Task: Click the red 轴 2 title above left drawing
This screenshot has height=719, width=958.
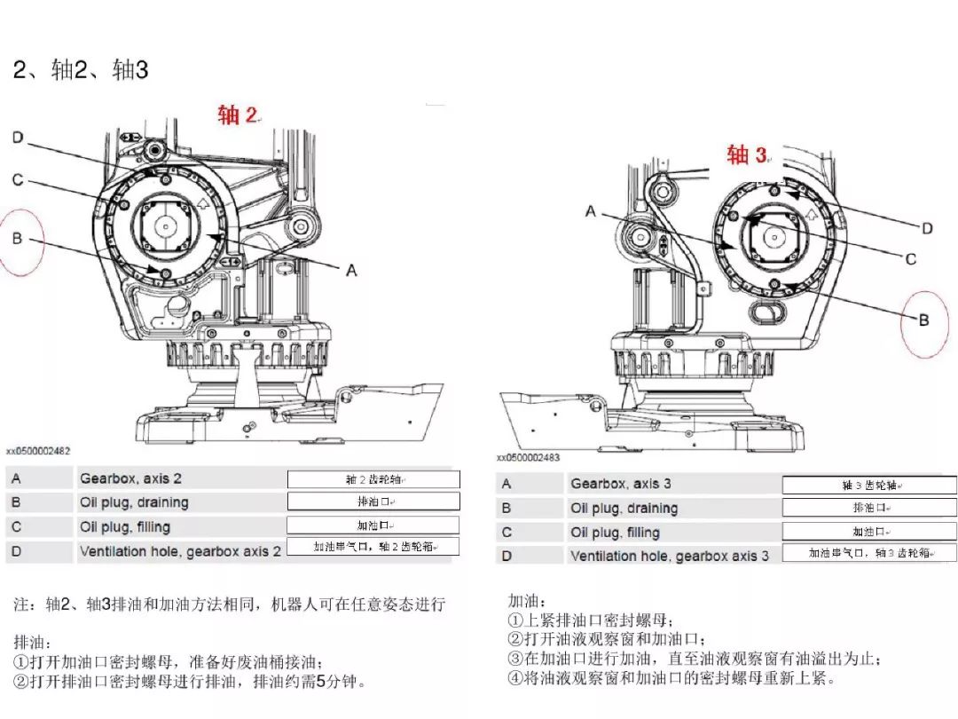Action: pos(238,115)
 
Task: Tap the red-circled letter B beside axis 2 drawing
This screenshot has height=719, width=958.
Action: pos(17,238)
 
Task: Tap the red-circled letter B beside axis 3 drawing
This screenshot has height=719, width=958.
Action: pos(923,320)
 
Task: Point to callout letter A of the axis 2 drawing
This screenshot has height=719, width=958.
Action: pos(351,270)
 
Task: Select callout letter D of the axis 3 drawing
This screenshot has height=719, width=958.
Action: pos(927,228)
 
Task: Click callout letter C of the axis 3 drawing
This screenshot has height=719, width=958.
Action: pos(910,258)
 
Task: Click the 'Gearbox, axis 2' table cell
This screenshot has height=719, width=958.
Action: pos(131,478)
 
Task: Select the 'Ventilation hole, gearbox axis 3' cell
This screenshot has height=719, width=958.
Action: pos(670,556)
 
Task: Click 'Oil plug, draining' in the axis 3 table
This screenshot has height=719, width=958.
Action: pos(624,509)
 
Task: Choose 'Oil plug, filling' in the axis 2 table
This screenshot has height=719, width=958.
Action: pos(125,526)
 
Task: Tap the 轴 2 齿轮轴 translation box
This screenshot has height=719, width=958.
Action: pos(373,479)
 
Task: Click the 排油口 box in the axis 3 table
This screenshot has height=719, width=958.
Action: pos(869,509)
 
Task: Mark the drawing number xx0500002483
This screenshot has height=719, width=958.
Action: pos(529,458)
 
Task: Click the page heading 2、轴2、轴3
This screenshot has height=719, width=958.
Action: pos(81,71)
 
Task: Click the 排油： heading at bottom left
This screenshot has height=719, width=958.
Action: pos(33,642)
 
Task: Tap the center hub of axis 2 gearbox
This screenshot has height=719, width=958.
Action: pos(166,226)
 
